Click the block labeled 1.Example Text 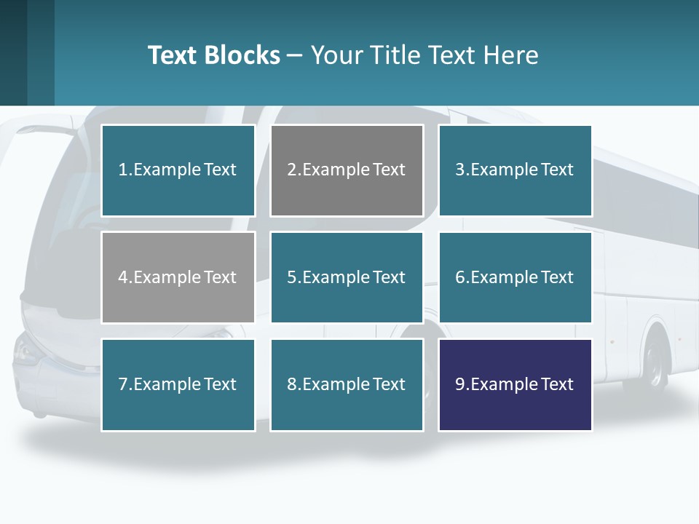(x=178, y=170)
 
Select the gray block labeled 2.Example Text (x=347, y=170)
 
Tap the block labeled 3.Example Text (x=515, y=170)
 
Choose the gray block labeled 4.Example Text (x=178, y=277)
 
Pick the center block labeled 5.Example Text (x=347, y=277)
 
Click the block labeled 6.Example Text (x=515, y=277)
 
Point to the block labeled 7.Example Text (x=178, y=384)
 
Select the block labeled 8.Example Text (x=347, y=384)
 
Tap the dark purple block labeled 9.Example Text (x=515, y=384)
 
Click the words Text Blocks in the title (x=213, y=55)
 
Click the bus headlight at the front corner (x=27, y=352)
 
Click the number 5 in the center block (x=291, y=277)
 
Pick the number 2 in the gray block (x=291, y=170)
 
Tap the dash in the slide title (x=295, y=55)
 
